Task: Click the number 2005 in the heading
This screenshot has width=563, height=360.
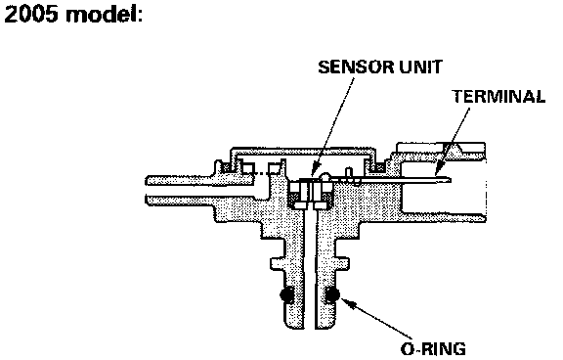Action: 31,15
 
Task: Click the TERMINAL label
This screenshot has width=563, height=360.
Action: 498,97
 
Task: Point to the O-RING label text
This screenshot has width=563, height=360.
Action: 433,349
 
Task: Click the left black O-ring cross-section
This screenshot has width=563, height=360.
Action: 286,294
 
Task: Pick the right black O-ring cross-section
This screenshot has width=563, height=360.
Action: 332,294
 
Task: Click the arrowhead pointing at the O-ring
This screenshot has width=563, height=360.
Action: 347,303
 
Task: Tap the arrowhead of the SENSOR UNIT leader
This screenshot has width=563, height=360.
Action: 315,170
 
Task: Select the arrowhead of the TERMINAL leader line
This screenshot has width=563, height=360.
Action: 439,170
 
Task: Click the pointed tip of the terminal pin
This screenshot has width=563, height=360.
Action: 451,179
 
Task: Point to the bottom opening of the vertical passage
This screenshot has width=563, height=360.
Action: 310,328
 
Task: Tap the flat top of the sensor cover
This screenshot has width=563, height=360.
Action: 304,149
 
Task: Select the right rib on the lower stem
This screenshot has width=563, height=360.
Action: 342,264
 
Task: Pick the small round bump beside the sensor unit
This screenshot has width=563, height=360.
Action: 325,176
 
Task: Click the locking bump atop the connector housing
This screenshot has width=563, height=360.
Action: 454,148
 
